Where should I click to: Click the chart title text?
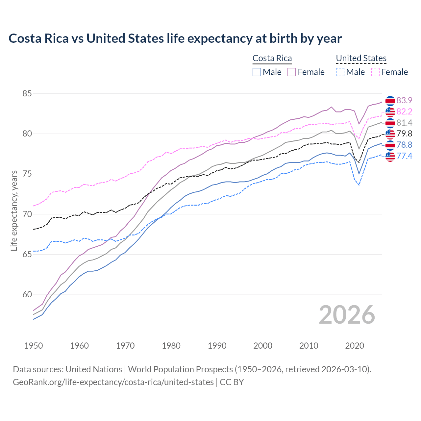tap(175, 38)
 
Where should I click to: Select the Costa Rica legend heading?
tap(272, 59)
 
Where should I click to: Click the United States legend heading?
tap(361, 59)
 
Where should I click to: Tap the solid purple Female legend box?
tap(292, 72)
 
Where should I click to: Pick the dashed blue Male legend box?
tap(340, 72)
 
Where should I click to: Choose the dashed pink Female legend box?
tap(375, 72)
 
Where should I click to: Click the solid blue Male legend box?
tap(257, 72)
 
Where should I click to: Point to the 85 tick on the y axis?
tap(27, 94)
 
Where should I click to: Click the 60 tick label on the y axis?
tap(27, 295)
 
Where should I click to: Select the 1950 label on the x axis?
tap(34, 346)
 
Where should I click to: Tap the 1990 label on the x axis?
tap(217, 346)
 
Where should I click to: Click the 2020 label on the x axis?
tap(355, 346)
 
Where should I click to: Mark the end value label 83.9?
tap(404, 101)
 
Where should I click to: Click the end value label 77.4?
tap(404, 156)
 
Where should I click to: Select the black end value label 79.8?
tap(404, 134)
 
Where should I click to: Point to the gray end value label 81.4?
tap(404, 123)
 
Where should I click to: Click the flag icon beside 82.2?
tap(390, 112)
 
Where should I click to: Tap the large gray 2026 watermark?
tap(347, 315)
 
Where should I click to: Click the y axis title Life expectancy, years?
tap(14, 210)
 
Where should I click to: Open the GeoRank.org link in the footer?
tap(113, 382)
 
